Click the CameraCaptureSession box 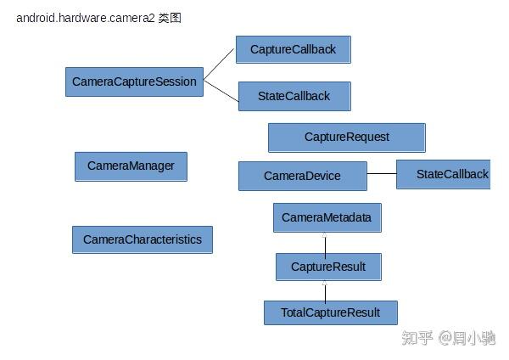134,82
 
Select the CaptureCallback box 293,49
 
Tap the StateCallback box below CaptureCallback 294,96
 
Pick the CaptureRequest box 346,137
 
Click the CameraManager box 131,166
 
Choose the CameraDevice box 302,176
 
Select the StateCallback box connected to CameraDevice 444,174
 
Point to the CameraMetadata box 327,217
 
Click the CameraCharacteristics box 142,239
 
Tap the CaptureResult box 327,267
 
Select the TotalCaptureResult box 330,312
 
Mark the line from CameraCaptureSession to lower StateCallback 221,89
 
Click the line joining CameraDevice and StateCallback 382,175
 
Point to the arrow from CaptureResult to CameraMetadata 325,243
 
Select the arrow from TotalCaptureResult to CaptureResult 325,290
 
